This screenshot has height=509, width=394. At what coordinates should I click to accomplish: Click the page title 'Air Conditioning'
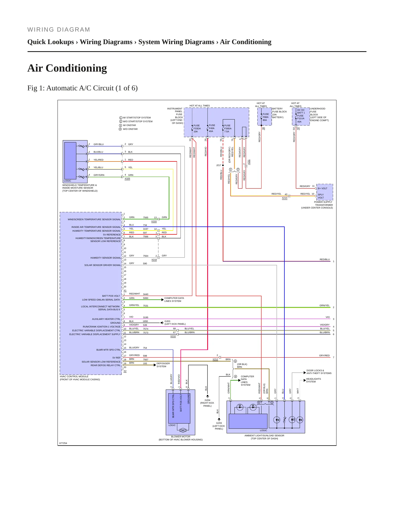tap(67, 68)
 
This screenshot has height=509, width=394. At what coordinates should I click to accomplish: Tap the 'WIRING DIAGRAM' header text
tap(59, 30)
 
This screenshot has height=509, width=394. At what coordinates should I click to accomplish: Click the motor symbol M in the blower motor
tap(183, 430)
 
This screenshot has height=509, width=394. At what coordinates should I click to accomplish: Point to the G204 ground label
tap(207, 400)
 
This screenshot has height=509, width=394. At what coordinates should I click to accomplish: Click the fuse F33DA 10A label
tap(197, 128)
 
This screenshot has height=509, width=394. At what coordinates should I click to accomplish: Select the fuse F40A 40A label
tap(212, 128)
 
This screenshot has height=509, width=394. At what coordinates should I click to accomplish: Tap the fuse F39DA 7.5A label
tap(228, 128)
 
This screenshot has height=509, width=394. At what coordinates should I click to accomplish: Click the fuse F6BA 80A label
tap(266, 117)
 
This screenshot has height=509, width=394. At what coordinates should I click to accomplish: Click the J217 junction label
tap(219, 165)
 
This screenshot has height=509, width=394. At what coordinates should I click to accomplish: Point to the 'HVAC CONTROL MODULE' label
tap(74, 376)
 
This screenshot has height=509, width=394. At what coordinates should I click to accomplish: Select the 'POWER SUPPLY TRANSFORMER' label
tap(323, 204)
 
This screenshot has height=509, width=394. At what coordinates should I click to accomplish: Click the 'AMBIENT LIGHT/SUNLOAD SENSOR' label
tap(264, 436)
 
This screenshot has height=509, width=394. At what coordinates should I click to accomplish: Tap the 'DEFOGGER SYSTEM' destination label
tap(163, 365)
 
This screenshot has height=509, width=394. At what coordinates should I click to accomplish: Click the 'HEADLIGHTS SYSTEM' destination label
tap(313, 380)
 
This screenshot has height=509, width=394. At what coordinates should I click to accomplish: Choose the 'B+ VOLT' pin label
tap(323, 188)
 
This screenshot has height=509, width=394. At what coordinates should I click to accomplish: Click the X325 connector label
tap(127, 179)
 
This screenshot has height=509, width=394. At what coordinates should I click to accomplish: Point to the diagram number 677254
tap(63, 443)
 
